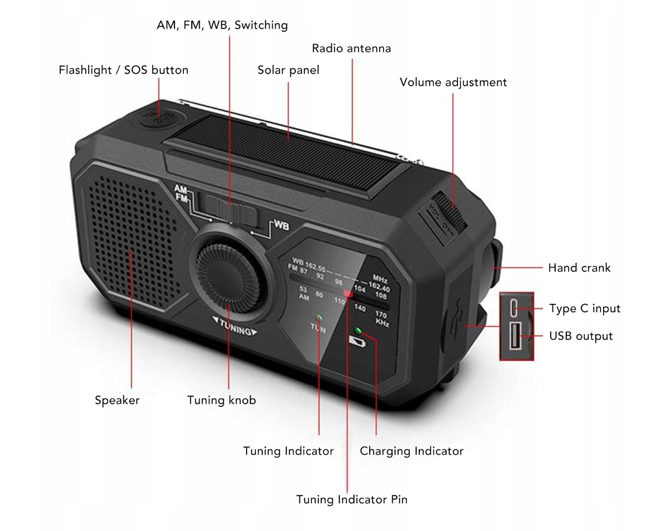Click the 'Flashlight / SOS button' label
point(124,70)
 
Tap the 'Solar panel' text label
point(288,70)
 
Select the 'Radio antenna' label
point(351,49)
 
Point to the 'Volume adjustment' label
point(453,82)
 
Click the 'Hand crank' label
point(579,268)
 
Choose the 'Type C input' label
point(584,309)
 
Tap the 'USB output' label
point(581,336)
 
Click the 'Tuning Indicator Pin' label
point(352,500)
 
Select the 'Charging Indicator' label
point(411,451)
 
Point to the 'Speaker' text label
point(117,400)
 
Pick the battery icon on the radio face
point(357,342)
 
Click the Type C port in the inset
point(514,308)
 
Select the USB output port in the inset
point(514,336)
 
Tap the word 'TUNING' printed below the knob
point(234,327)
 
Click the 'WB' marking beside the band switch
point(281,225)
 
